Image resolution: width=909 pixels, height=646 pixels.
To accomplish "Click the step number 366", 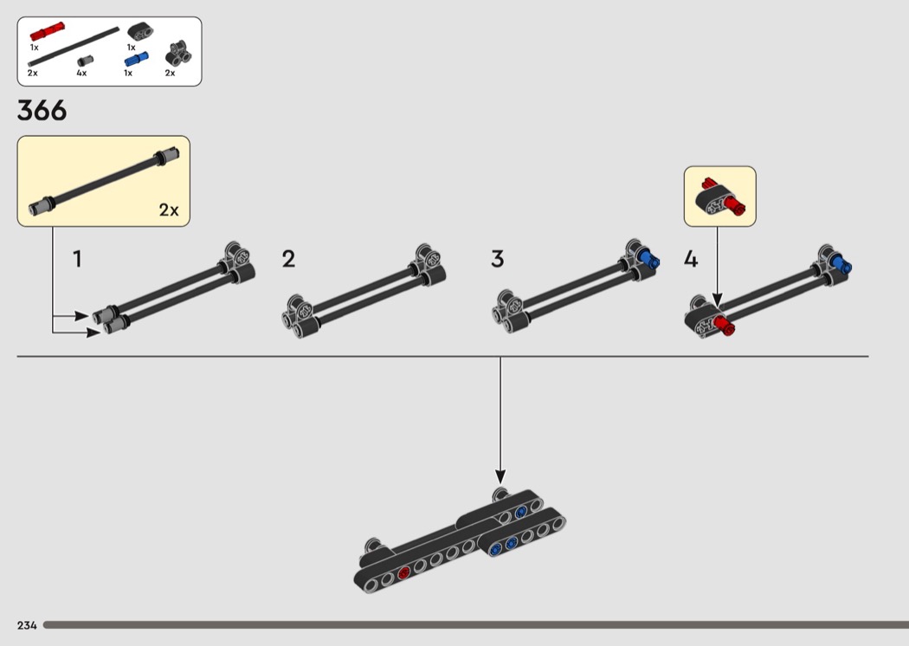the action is [x=42, y=110].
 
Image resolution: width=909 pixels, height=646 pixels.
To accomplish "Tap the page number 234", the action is [x=27, y=625].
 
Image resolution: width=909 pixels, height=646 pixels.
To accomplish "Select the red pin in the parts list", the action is [x=47, y=31].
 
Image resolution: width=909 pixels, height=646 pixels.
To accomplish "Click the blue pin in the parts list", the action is [x=137, y=59].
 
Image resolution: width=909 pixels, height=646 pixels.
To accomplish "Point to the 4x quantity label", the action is [x=81, y=73].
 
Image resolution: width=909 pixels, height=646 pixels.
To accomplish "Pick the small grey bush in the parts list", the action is [x=85, y=61].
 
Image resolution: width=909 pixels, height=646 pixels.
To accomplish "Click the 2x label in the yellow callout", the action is [x=169, y=210].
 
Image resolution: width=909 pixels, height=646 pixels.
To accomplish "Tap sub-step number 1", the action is [x=77, y=259].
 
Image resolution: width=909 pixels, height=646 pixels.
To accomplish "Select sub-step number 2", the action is [x=288, y=259].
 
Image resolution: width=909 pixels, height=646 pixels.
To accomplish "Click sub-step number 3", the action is [x=498, y=259].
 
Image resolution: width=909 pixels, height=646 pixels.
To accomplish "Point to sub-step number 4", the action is [x=691, y=259].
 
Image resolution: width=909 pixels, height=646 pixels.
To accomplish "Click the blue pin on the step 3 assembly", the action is [x=648, y=259].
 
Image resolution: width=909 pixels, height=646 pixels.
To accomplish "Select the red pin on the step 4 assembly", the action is [x=724, y=326].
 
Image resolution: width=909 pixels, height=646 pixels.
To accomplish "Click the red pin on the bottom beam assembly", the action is [x=403, y=573].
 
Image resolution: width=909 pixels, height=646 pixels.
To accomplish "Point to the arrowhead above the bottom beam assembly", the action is [x=500, y=476].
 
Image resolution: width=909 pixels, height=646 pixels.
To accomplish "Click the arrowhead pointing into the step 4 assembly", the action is [x=717, y=300].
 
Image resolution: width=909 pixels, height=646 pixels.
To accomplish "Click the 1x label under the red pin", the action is [x=35, y=48].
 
